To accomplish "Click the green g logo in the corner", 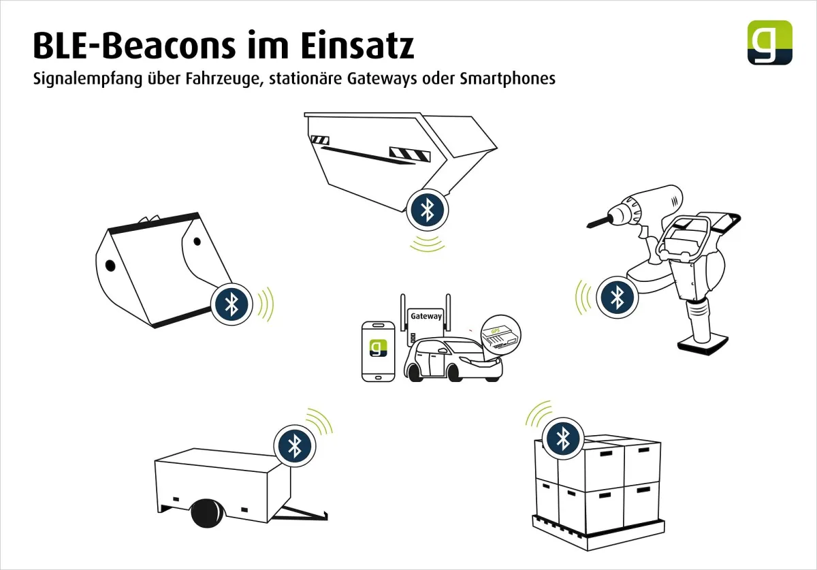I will point(769,42).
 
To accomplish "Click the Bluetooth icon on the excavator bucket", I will point(231,302).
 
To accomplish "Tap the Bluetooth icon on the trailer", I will point(294,445).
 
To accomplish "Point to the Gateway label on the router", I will point(426,316).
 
